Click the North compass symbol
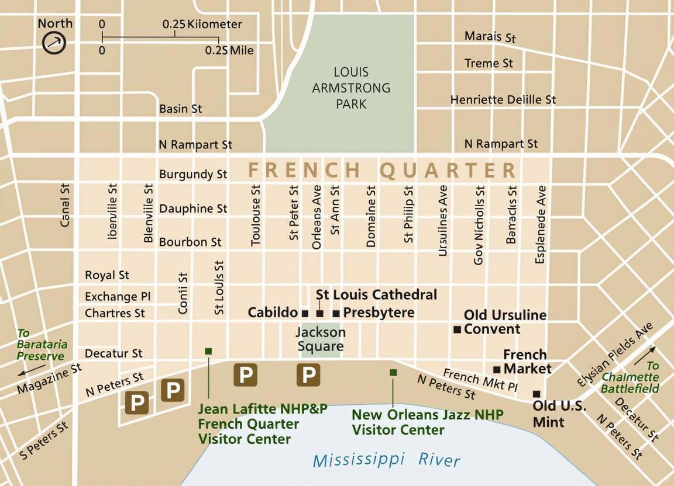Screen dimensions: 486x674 click(54, 43)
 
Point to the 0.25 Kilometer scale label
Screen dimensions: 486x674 click(202, 25)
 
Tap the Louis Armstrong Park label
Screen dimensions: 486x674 click(351, 88)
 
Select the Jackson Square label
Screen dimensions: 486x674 click(320, 339)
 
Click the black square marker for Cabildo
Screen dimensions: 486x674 click(305, 314)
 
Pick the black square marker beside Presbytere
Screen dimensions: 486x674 click(336, 314)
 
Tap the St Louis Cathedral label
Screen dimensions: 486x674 click(376, 294)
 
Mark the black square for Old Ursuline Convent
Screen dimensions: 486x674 click(458, 329)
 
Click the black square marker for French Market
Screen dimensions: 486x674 click(497, 369)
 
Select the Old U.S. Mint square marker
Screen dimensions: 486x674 click(536, 394)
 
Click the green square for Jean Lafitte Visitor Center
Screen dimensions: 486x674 click(208, 351)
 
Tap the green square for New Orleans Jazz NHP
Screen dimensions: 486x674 click(393, 372)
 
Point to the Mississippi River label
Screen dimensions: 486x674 click(387, 460)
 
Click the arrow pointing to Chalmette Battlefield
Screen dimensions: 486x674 click(644, 355)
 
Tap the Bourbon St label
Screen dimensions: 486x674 click(190, 242)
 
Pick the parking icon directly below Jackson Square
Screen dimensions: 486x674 click(308, 374)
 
